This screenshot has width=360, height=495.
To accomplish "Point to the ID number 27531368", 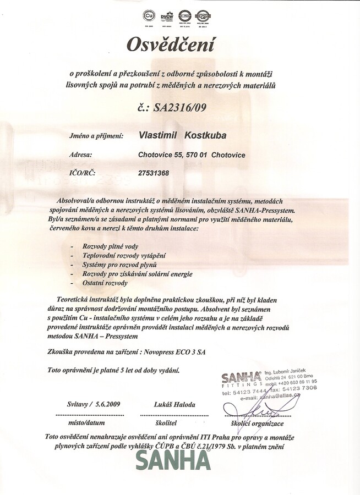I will [x=154, y=173].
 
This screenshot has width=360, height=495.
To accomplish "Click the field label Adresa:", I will [x=81, y=155].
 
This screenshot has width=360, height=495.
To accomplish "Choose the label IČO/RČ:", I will [x=83, y=173].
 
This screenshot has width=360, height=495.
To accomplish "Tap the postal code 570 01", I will [x=195, y=155].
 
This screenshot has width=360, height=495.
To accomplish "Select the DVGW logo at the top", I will [x=167, y=15].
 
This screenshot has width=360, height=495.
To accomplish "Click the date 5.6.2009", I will [x=107, y=404].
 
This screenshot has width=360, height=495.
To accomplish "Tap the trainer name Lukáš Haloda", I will [x=175, y=404].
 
